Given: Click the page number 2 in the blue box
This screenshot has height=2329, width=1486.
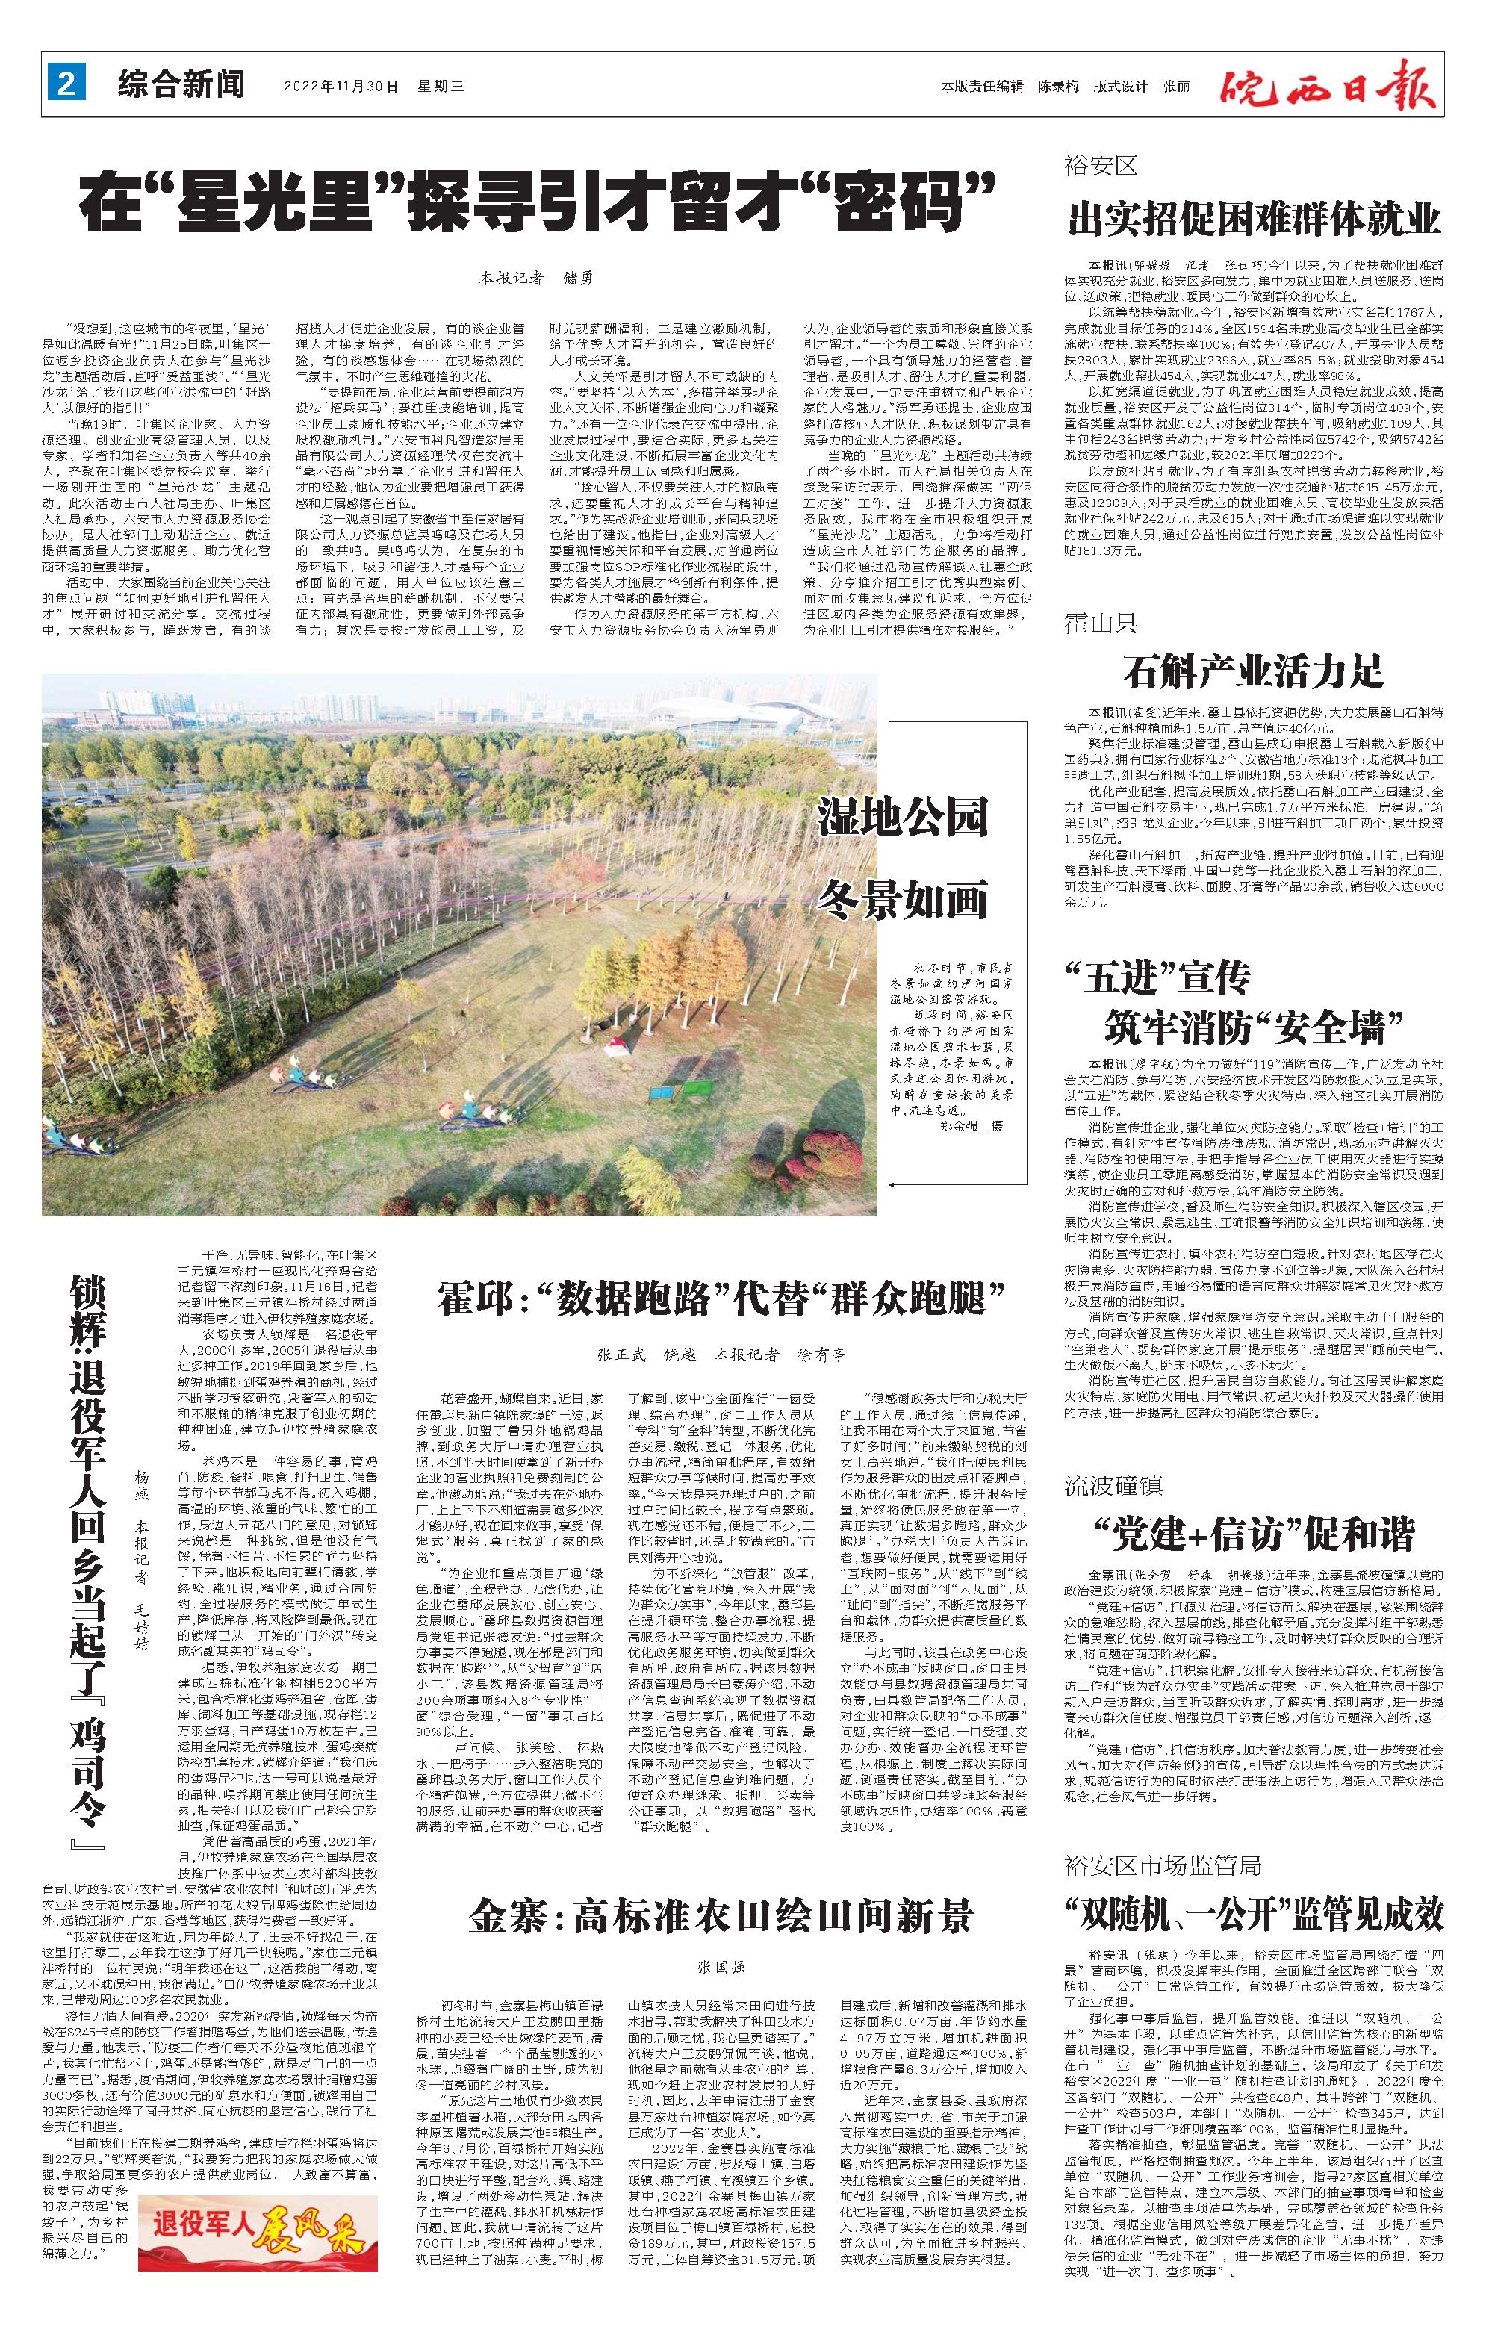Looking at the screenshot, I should click(x=66, y=85).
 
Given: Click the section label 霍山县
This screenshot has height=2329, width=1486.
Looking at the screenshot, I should click(x=1100, y=622).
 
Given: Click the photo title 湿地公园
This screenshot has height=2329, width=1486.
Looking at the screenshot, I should click(x=903, y=817).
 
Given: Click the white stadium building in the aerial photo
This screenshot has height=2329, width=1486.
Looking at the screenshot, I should click(x=745, y=714).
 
